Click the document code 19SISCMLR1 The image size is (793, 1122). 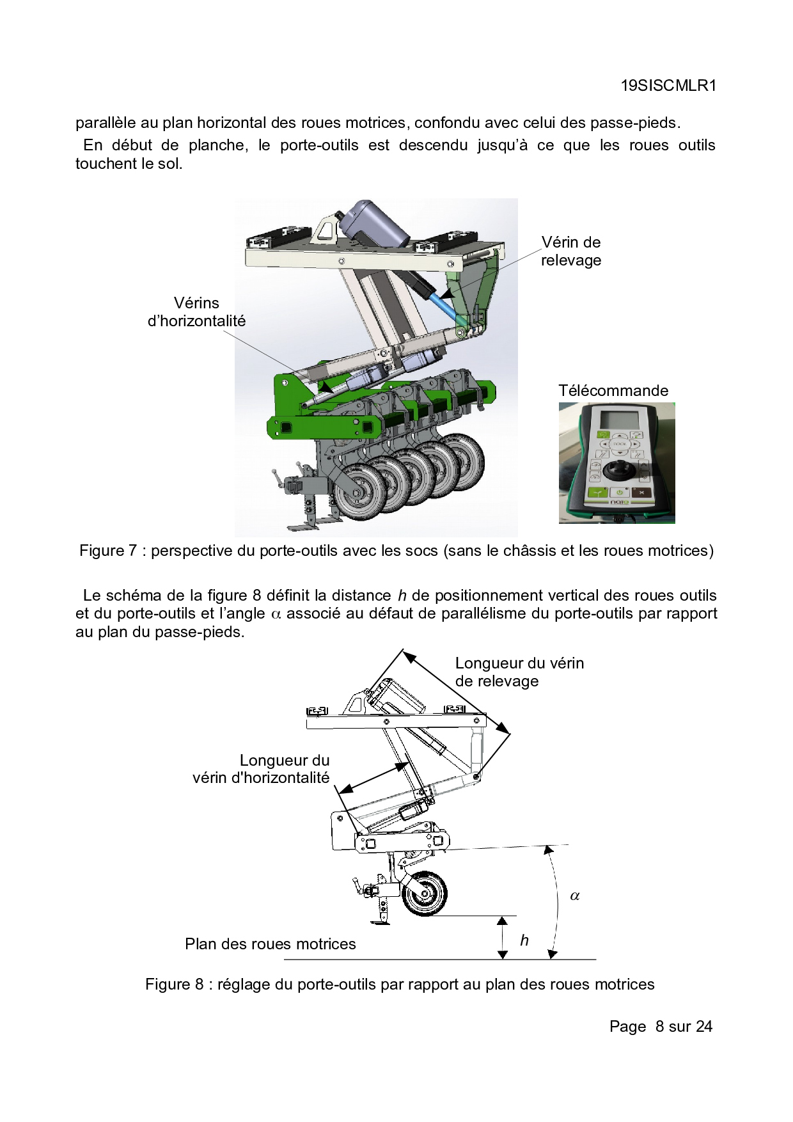click(668, 86)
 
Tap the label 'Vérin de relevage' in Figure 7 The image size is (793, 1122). click(570, 251)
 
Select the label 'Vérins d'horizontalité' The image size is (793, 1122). click(196, 312)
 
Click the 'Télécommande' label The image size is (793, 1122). click(613, 391)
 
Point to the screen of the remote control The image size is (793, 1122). click(616, 422)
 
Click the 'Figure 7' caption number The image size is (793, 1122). click(107, 551)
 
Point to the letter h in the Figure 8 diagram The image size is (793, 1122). click(524, 940)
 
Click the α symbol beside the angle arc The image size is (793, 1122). click(574, 896)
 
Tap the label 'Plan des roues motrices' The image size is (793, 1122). click(270, 944)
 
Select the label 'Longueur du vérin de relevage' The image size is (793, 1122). click(519, 672)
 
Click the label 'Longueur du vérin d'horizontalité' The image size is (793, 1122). click(261, 769)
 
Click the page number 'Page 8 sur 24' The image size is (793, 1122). click(660, 1027)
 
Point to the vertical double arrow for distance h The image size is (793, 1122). click(503, 938)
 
